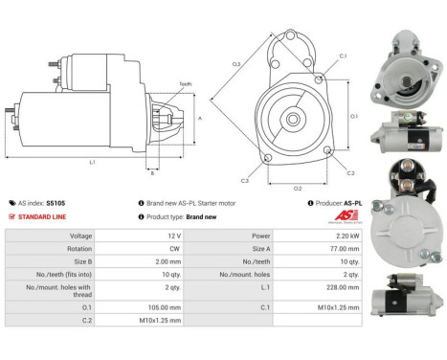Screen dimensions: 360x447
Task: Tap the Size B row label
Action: point(82,259)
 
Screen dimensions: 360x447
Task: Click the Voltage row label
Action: point(82,235)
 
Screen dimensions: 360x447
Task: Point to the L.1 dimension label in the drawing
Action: point(92,162)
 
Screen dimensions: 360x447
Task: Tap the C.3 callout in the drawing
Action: point(245,180)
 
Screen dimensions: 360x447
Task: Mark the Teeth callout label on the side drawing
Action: point(185,84)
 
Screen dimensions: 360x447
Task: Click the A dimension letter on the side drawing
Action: point(199,118)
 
